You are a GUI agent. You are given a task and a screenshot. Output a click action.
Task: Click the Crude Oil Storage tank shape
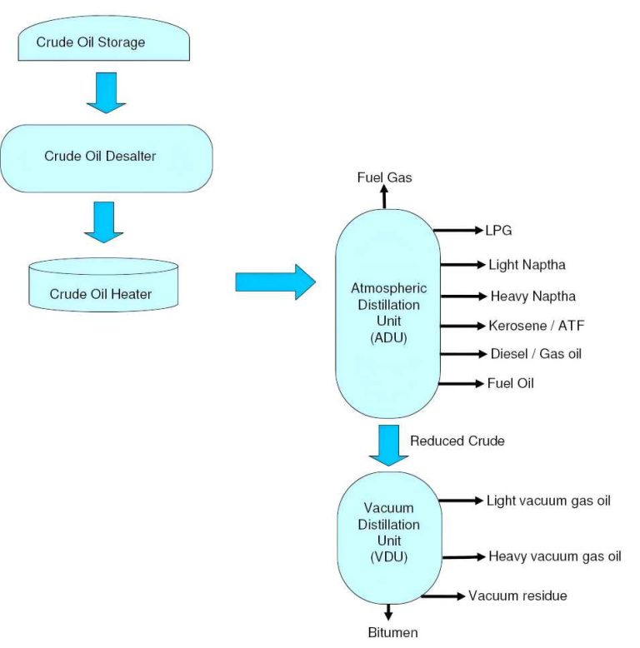(x=102, y=41)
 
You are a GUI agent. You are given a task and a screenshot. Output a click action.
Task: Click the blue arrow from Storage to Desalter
(x=106, y=92)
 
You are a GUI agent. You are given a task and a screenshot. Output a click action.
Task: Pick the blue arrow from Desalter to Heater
(x=105, y=222)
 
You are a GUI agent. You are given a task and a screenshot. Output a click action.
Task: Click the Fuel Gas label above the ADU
(x=384, y=177)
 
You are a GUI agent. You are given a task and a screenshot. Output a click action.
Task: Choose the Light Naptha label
(x=527, y=265)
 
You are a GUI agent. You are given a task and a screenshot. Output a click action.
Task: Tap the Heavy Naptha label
(x=532, y=296)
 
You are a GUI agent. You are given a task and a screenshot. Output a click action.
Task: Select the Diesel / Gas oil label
(x=535, y=354)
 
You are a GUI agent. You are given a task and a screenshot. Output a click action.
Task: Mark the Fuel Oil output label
(x=510, y=383)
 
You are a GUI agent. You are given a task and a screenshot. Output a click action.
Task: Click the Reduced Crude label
(x=457, y=441)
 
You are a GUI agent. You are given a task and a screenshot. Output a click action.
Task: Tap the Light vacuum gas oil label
(x=548, y=501)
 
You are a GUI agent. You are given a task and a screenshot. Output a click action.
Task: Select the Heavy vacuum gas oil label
(x=554, y=556)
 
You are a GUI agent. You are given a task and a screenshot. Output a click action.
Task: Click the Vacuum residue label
(x=517, y=596)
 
